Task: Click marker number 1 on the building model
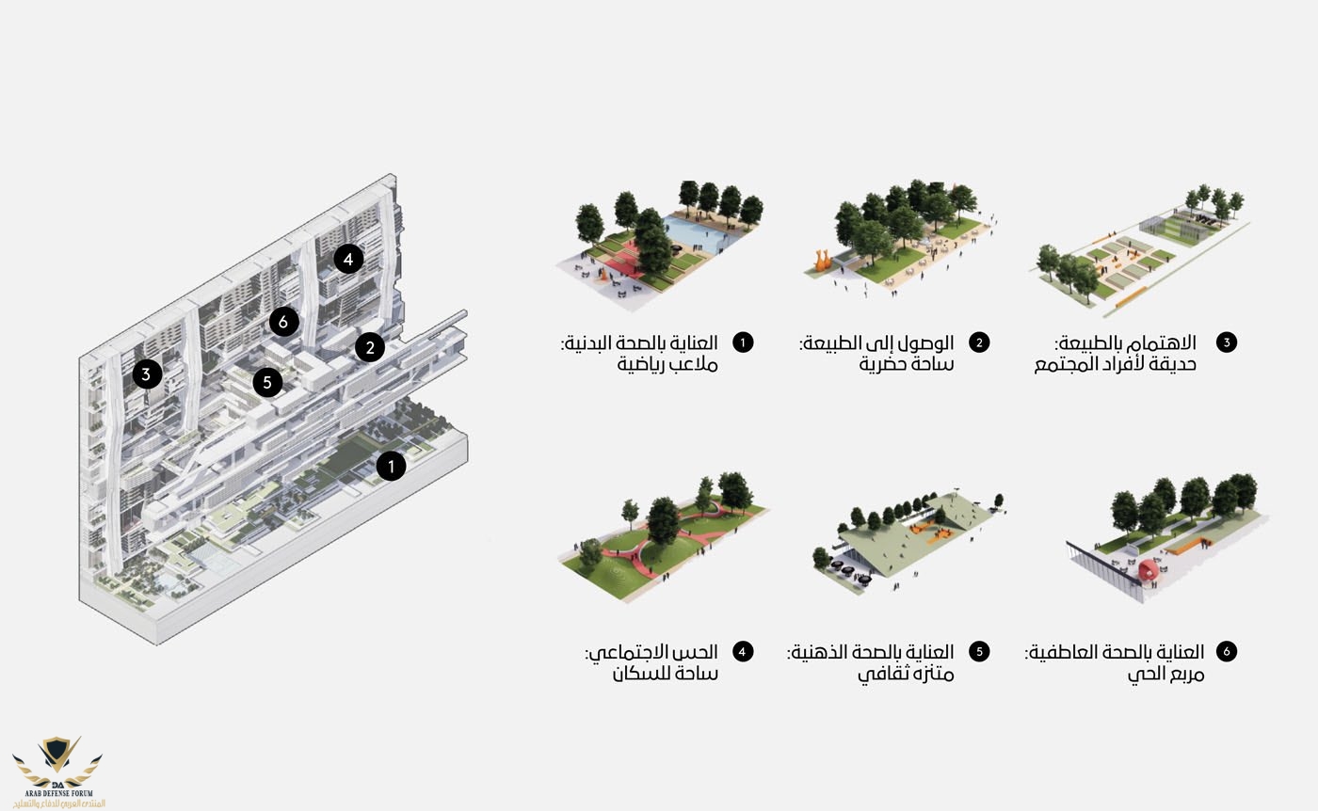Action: [x=392, y=467]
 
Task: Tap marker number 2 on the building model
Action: [x=369, y=347]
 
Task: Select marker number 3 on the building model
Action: [x=147, y=374]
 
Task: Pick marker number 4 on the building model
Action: [x=348, y=259]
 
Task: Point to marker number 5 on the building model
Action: [x=267, y=382]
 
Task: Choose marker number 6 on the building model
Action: [x=283, y=322]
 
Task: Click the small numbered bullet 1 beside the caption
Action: [x=743, y=342]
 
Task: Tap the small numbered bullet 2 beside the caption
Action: [x=979, y=342]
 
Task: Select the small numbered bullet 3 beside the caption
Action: [x=1226, y=342]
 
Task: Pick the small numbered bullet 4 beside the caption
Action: [x=743, y=651]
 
